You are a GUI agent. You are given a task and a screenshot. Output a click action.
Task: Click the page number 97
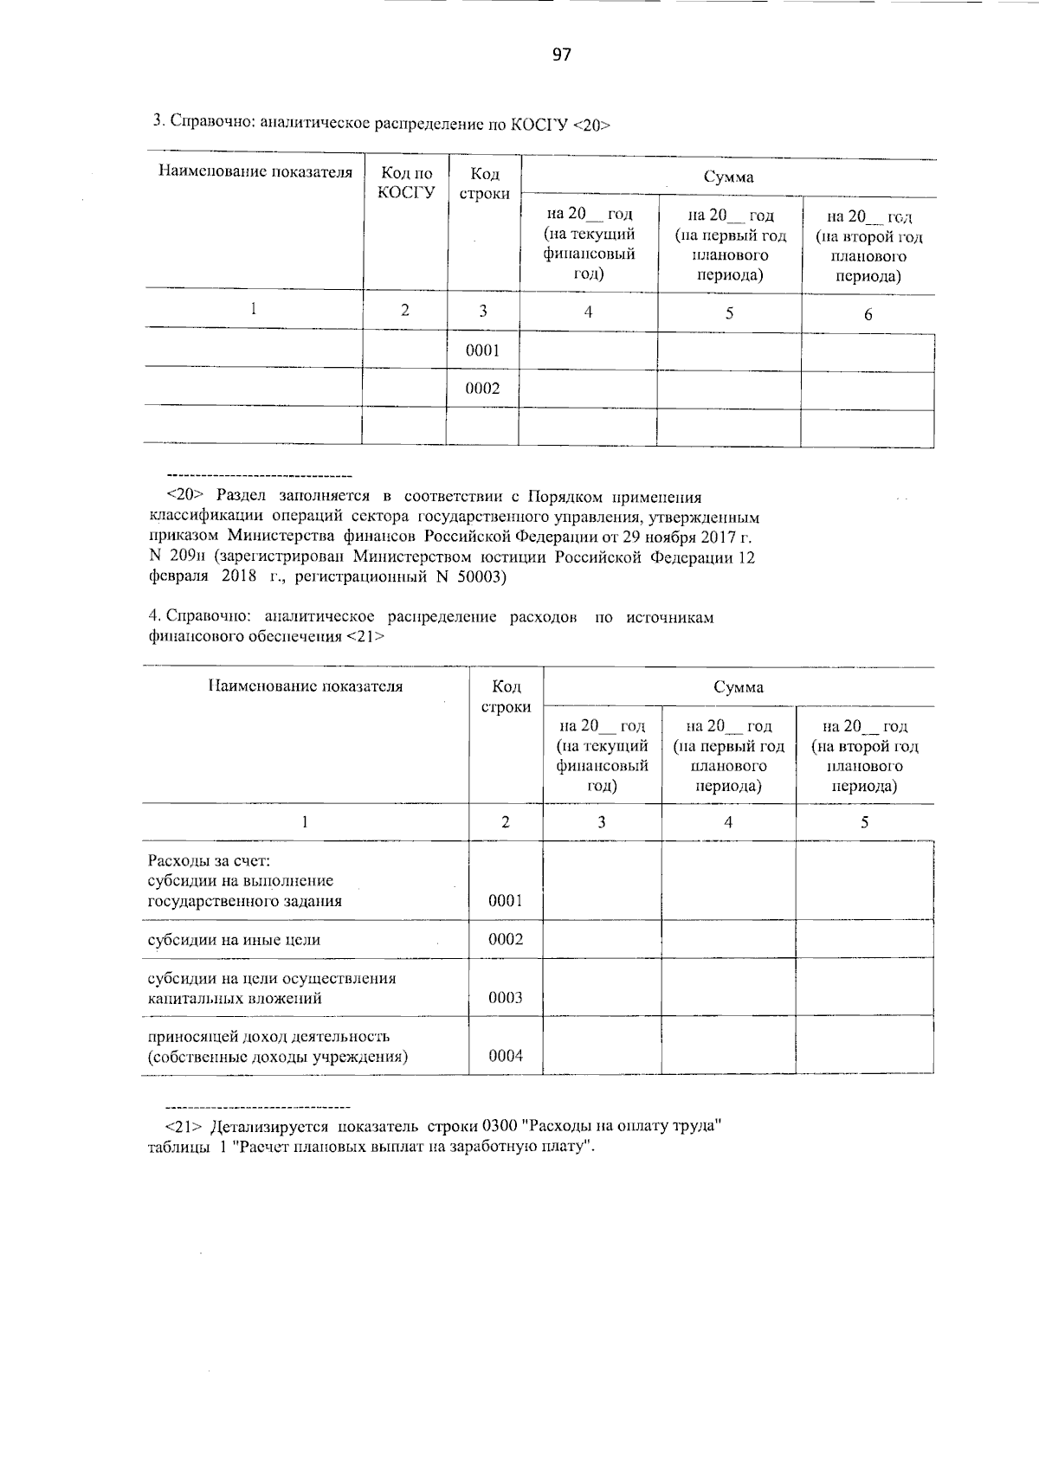[x=562, y=55]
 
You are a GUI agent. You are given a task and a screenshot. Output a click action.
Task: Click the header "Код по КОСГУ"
[x=405, y=183]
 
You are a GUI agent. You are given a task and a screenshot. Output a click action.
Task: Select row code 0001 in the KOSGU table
[x=482, y=351]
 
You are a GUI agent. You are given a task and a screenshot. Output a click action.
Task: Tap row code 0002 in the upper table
[x=482, y=389]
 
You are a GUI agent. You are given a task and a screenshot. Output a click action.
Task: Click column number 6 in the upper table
[x=868, y=314]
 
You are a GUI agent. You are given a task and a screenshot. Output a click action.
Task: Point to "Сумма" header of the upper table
[x=727, y=177]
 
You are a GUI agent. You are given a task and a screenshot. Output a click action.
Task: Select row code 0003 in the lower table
[x=506, y=998]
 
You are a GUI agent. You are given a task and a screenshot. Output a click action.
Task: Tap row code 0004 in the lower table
[x=506, y=1056]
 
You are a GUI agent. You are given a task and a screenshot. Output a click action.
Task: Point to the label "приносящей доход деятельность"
[x=268, y=1037]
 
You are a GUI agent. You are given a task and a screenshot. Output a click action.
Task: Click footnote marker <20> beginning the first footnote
[x=184, y=498]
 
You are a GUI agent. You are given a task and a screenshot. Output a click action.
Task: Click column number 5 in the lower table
[x=864, y=822]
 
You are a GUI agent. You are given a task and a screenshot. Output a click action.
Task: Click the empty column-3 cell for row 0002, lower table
[x=602, y=940]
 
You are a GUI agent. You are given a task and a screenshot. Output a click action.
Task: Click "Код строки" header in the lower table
[x=506, y=697]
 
